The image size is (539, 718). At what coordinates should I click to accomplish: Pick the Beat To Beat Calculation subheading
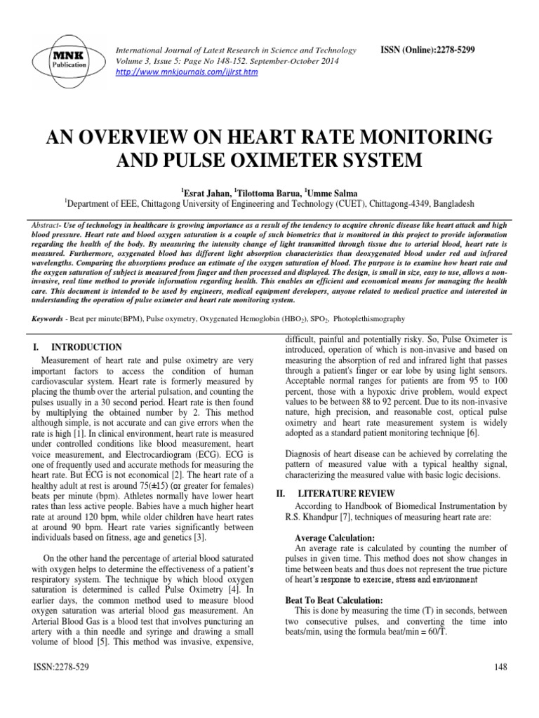[x=333, y=601]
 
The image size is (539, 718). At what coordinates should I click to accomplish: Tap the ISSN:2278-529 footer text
[x=59, y=668]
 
